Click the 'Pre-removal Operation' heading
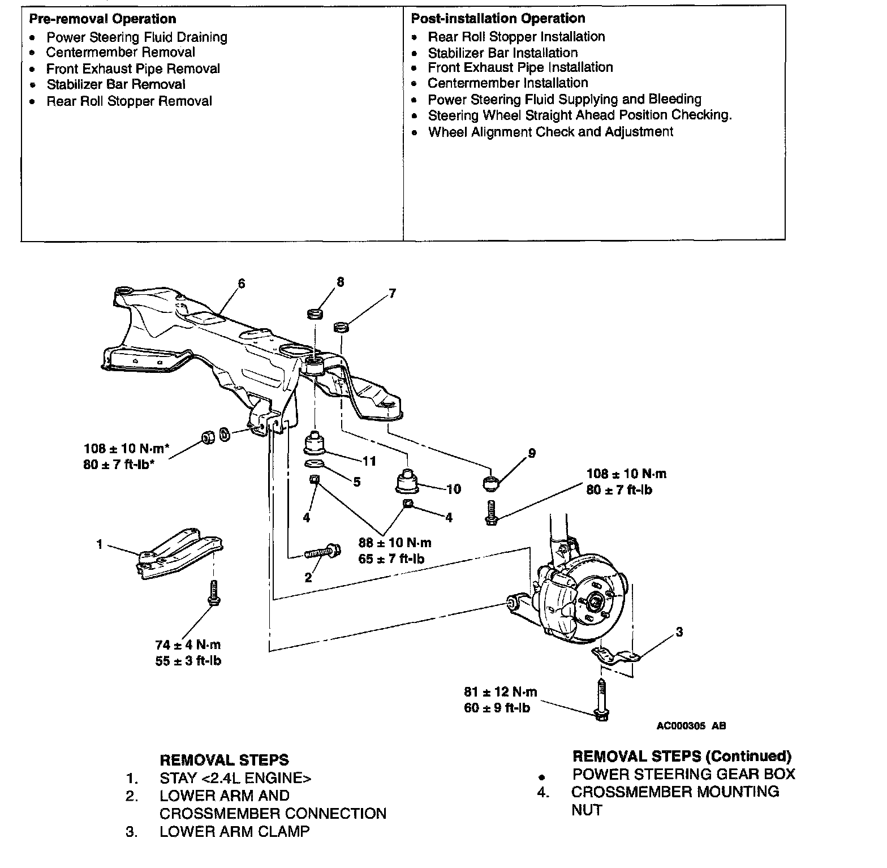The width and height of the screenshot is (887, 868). tap(102, 19)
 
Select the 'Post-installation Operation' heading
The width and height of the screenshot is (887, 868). tap(498, 19)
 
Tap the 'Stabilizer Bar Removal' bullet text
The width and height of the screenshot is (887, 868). tap(116, 85)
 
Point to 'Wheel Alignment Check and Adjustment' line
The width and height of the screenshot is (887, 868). tap(550, 132)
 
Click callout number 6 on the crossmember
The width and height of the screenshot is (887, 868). tap(242, 283)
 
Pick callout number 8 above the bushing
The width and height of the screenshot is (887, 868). tap(340, 282)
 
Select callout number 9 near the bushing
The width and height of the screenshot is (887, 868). tap(531, 453)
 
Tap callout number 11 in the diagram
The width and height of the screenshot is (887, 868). tap(369, 461)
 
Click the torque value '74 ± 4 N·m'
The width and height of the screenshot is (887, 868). tap(188, 644)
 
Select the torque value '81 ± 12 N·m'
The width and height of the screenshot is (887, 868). tap(501, 691)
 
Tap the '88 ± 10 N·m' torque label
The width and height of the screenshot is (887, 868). tap(395, 543)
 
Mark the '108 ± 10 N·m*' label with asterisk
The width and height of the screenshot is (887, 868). tap(126, 449)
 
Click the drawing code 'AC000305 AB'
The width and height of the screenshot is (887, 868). tap(691, 726)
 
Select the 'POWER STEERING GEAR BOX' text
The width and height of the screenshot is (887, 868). tap(683, 774)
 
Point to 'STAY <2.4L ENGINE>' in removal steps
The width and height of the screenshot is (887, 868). tap(235, 778)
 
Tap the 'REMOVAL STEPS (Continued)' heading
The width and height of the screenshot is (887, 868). tap(682, 756)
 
